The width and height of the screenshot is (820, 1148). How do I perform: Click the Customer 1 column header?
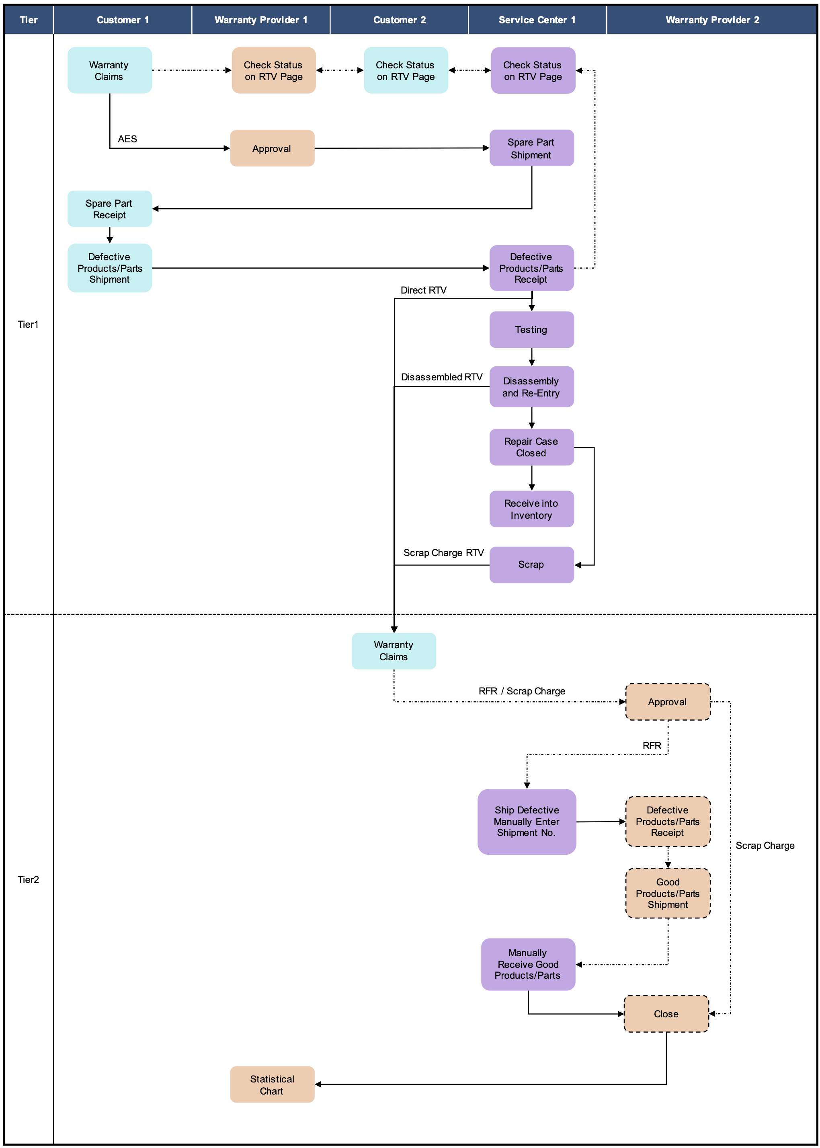coord(123,20)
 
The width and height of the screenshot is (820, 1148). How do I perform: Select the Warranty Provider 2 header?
coord(712,20)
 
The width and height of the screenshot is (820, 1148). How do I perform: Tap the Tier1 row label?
coord(28,324)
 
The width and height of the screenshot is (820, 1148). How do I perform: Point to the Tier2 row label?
coord(28,879)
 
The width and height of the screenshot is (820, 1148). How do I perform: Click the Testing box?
coord(531,329)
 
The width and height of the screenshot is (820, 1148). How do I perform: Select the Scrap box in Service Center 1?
coord(531,565)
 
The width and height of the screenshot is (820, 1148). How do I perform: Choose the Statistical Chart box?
coord(272,1084)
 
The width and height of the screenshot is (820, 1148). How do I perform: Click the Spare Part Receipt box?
coord(110,209)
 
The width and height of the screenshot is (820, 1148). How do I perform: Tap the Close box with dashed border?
coord(666,1014)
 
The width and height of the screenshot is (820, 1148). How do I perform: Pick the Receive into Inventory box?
coord(531,509)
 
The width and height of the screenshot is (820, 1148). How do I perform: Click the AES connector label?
coord(127,139)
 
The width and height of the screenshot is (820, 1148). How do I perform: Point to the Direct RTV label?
coord(423,290)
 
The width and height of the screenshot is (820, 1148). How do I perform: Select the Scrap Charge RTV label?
coord(443,552)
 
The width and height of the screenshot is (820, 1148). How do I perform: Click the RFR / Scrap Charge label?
coord(522,691)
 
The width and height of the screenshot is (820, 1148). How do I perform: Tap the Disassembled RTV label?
coord(441,377)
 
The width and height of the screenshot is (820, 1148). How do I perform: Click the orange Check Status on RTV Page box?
coord(274,70)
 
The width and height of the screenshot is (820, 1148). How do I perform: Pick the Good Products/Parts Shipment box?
coord(668,893)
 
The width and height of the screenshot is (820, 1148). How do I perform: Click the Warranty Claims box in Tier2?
coord(394,651)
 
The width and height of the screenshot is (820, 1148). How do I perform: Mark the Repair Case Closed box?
coord(531,447)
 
